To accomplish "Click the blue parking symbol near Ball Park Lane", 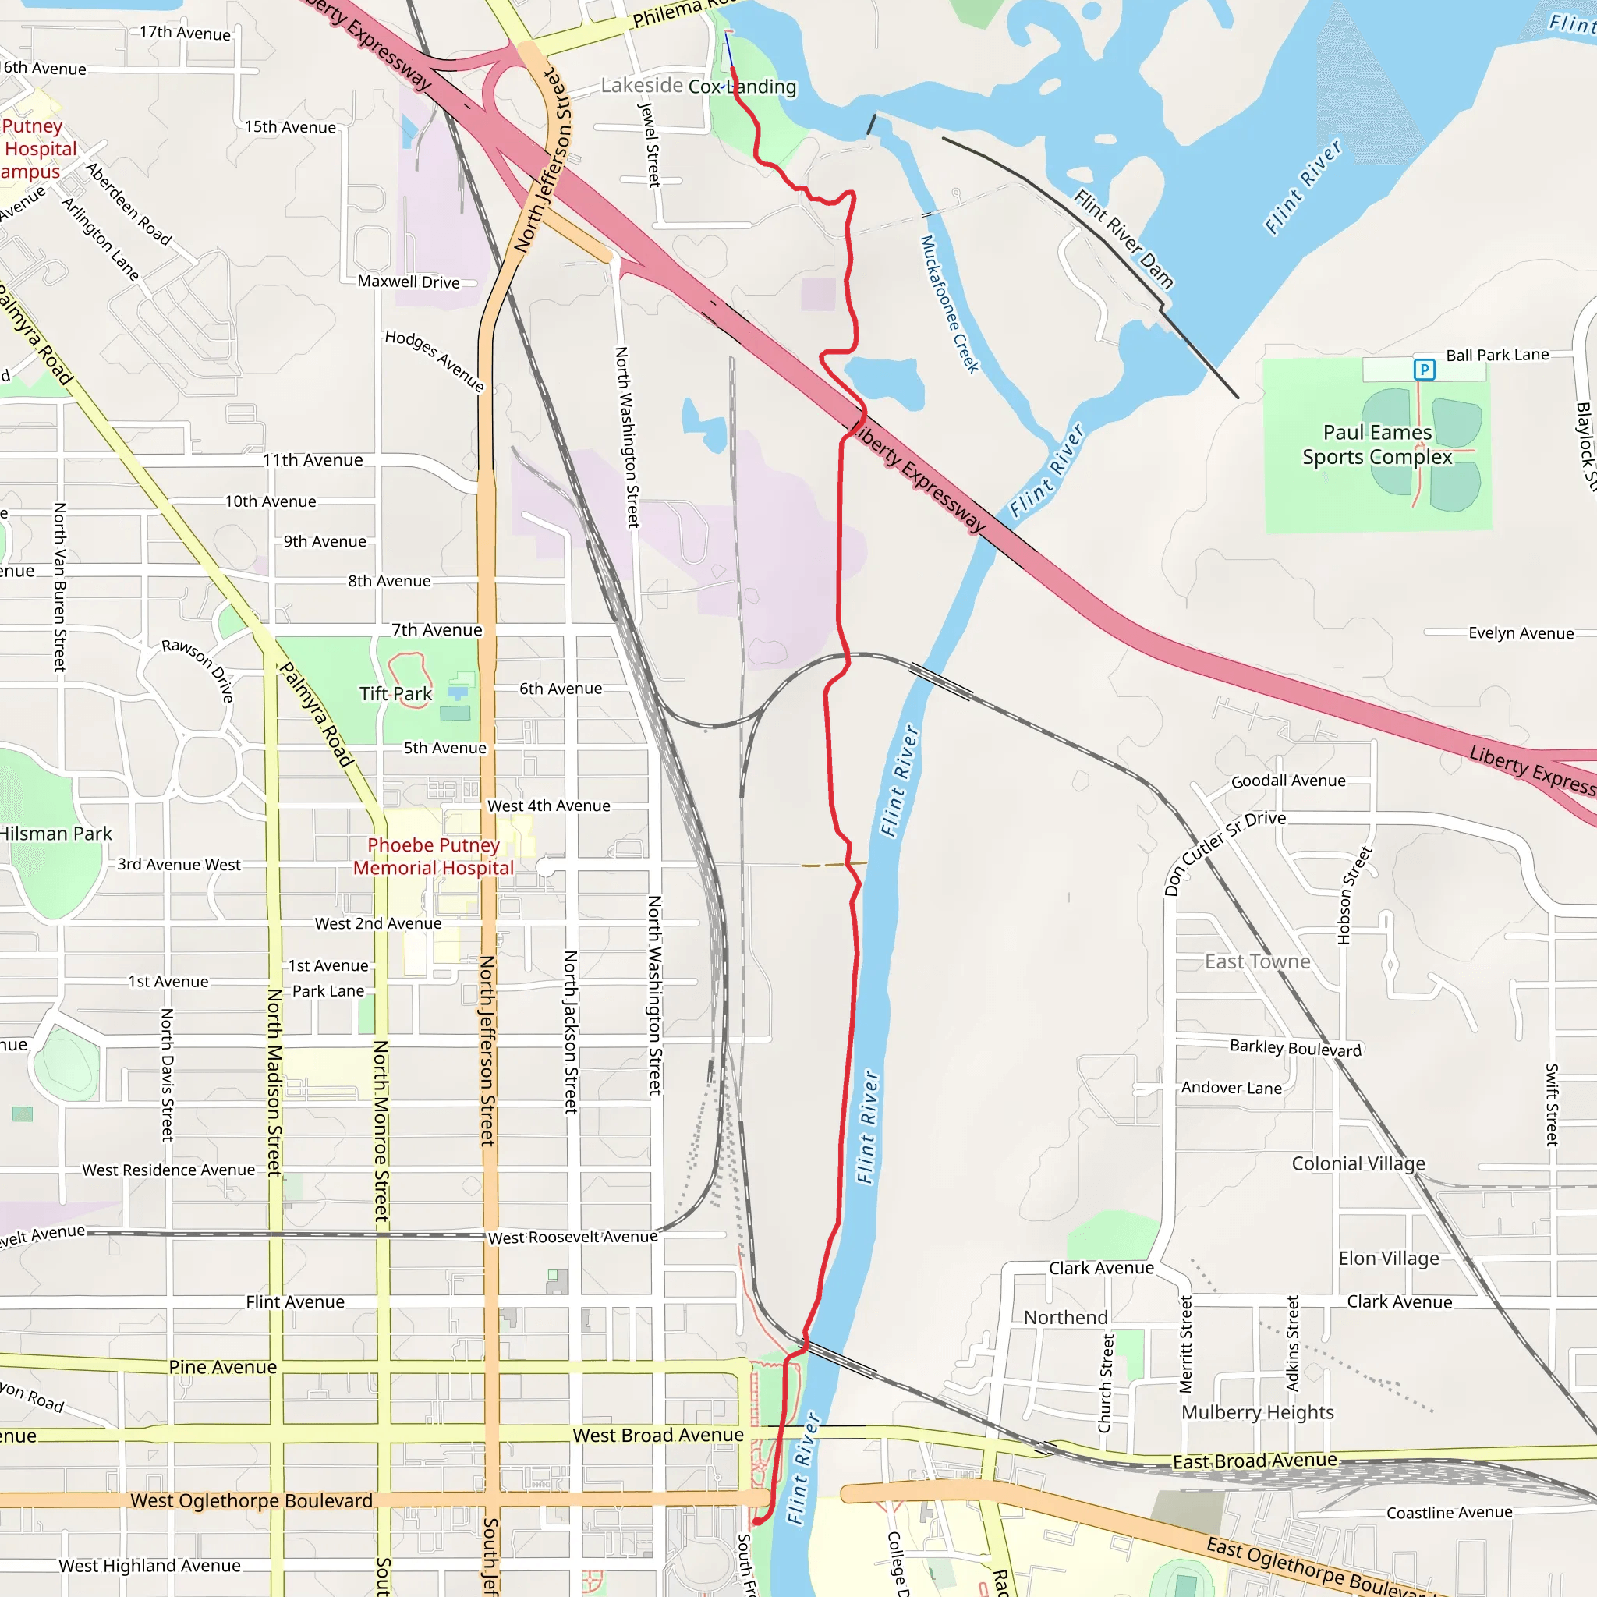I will point(1423,370).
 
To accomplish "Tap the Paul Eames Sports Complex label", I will point(1376,444).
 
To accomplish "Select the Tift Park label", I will point(395,693).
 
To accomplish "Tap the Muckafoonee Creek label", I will point(949,304).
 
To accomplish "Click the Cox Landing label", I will point(742,87).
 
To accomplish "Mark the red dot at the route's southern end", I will point(757,1521).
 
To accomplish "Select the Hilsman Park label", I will point(55,834).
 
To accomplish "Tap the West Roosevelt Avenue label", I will point(572,1238).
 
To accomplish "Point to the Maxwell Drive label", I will point(409,282).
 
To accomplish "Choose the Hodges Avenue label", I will point(434,360).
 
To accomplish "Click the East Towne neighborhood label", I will point(1256,961).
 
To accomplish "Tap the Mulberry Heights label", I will point(1256,1412).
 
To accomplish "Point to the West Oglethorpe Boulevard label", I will point(251,1500).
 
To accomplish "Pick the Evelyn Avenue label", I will point(1520,633).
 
